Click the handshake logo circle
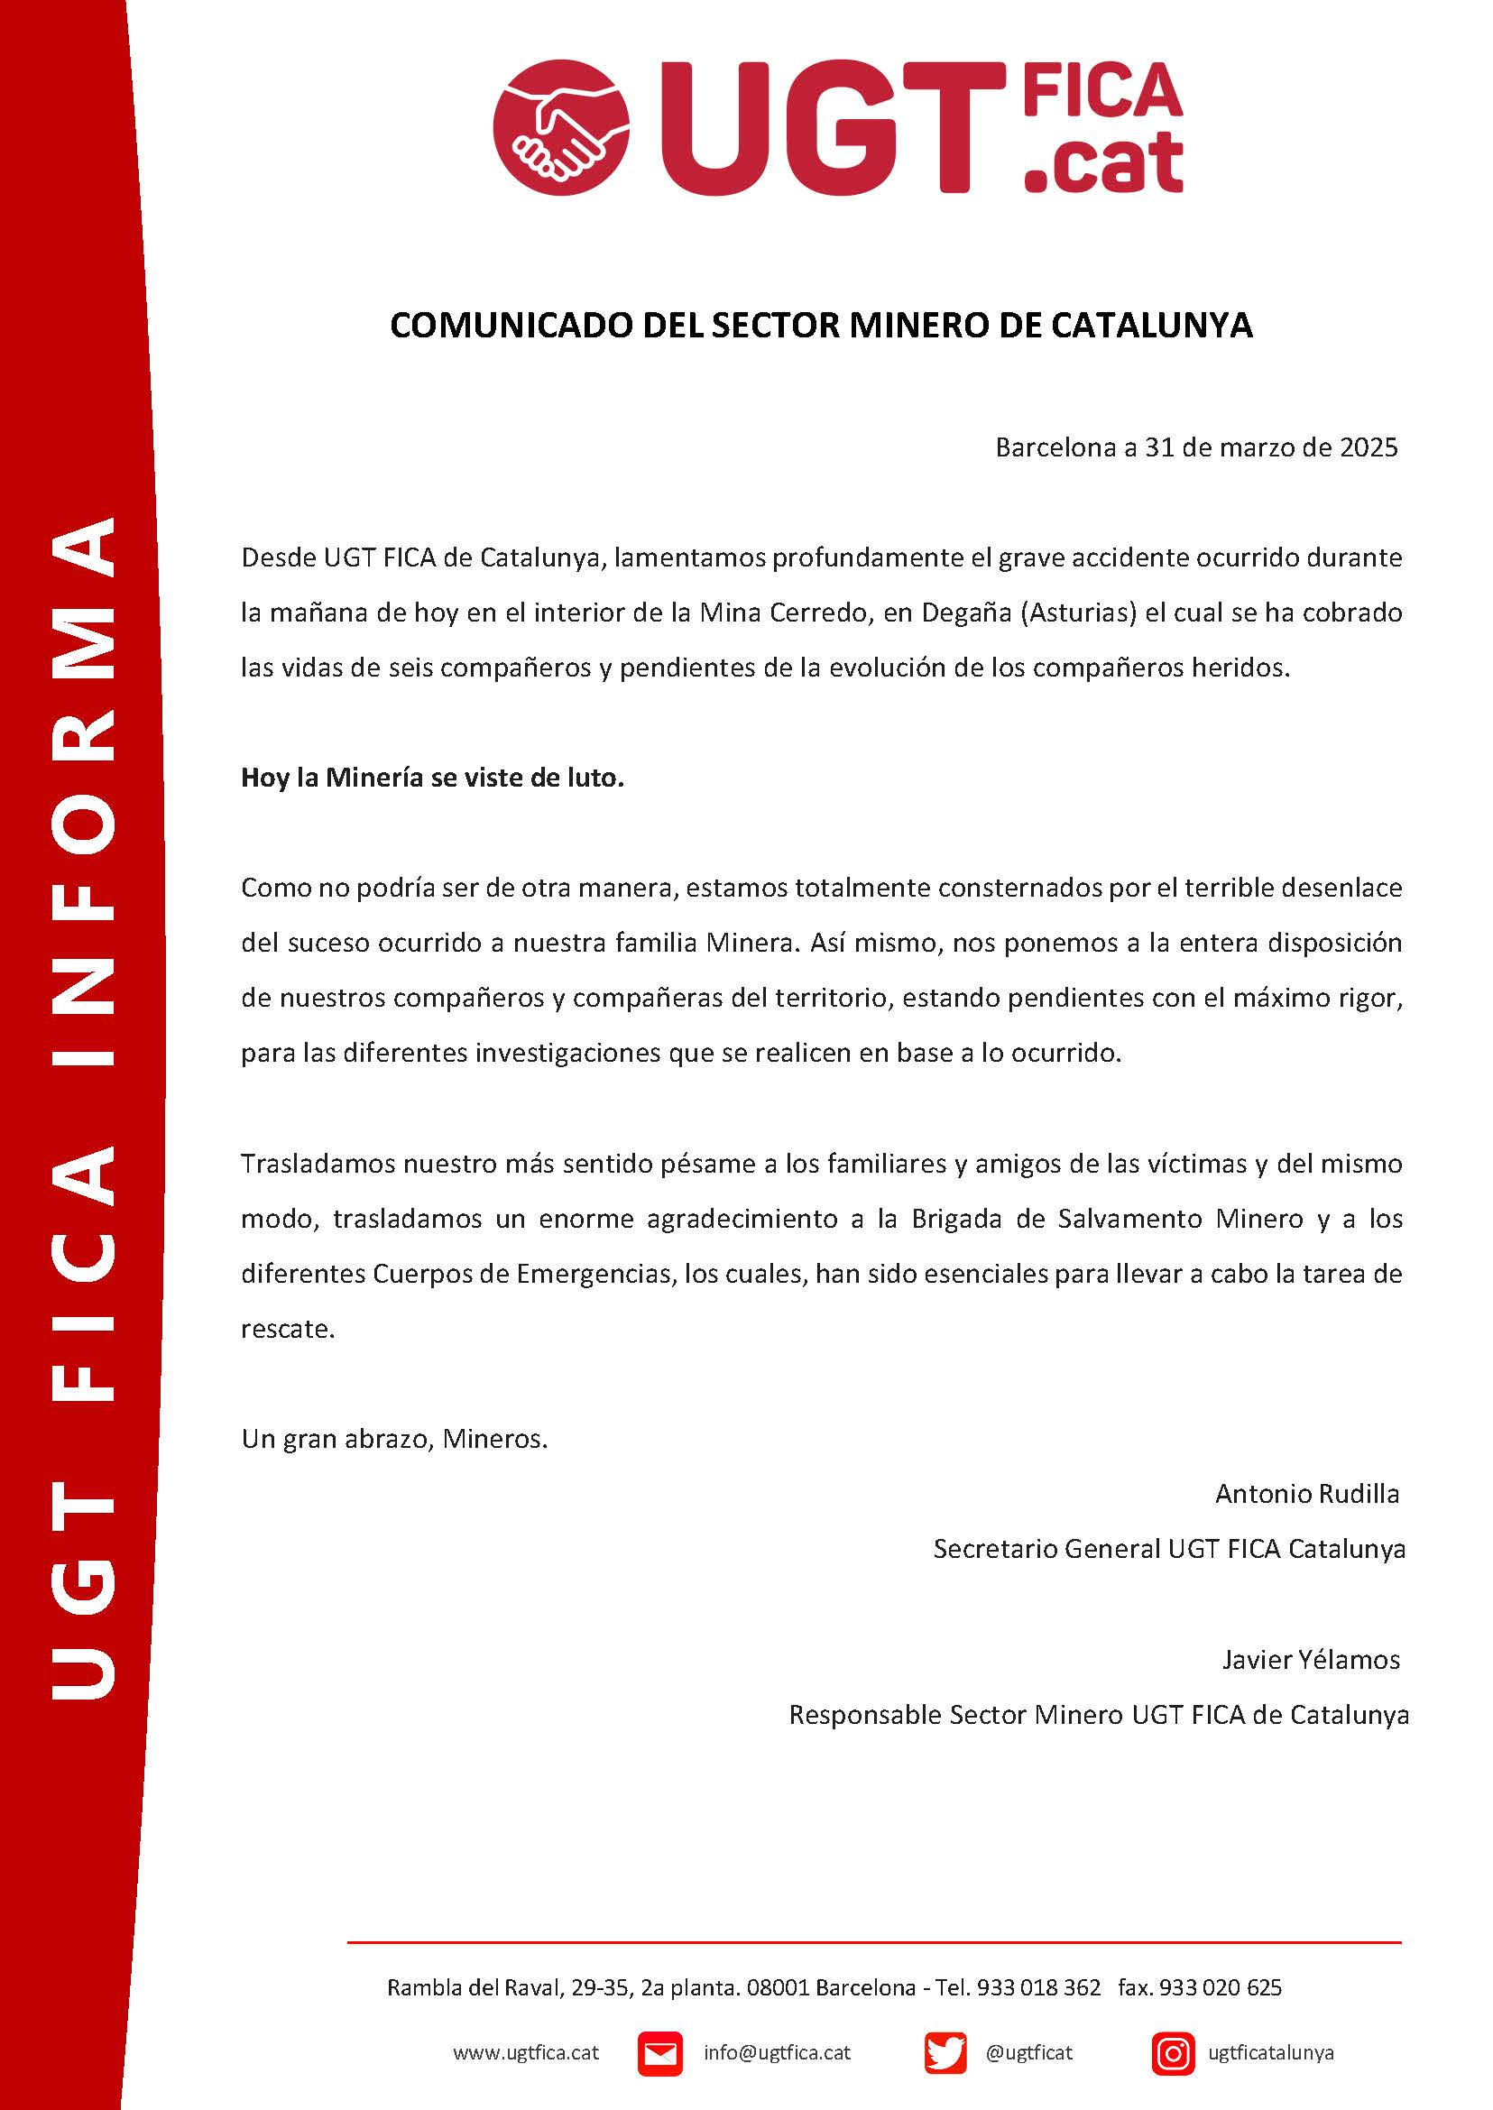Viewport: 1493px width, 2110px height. click(561, 127)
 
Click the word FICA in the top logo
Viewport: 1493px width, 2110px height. click(1102, 92)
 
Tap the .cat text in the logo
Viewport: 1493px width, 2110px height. click(1102, 162)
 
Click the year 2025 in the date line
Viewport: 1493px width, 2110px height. click(1368, 447)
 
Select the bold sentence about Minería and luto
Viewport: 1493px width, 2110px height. click(432, 778)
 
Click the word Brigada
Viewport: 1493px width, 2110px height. click(954, 1219)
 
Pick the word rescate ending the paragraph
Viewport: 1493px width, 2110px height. click(287, 1330)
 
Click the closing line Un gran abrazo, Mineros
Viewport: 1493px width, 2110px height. click(394, 1439)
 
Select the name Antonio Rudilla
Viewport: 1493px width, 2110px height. click(1306, 1494)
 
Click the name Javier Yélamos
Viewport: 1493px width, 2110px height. click(1310, 1660)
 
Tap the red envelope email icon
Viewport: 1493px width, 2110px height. click(659, 2053)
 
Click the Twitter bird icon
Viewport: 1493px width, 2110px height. click(945, 2053)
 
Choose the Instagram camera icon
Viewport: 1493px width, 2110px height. click(1173, 2053)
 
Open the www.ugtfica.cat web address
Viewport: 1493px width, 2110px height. click(526, 2053)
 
